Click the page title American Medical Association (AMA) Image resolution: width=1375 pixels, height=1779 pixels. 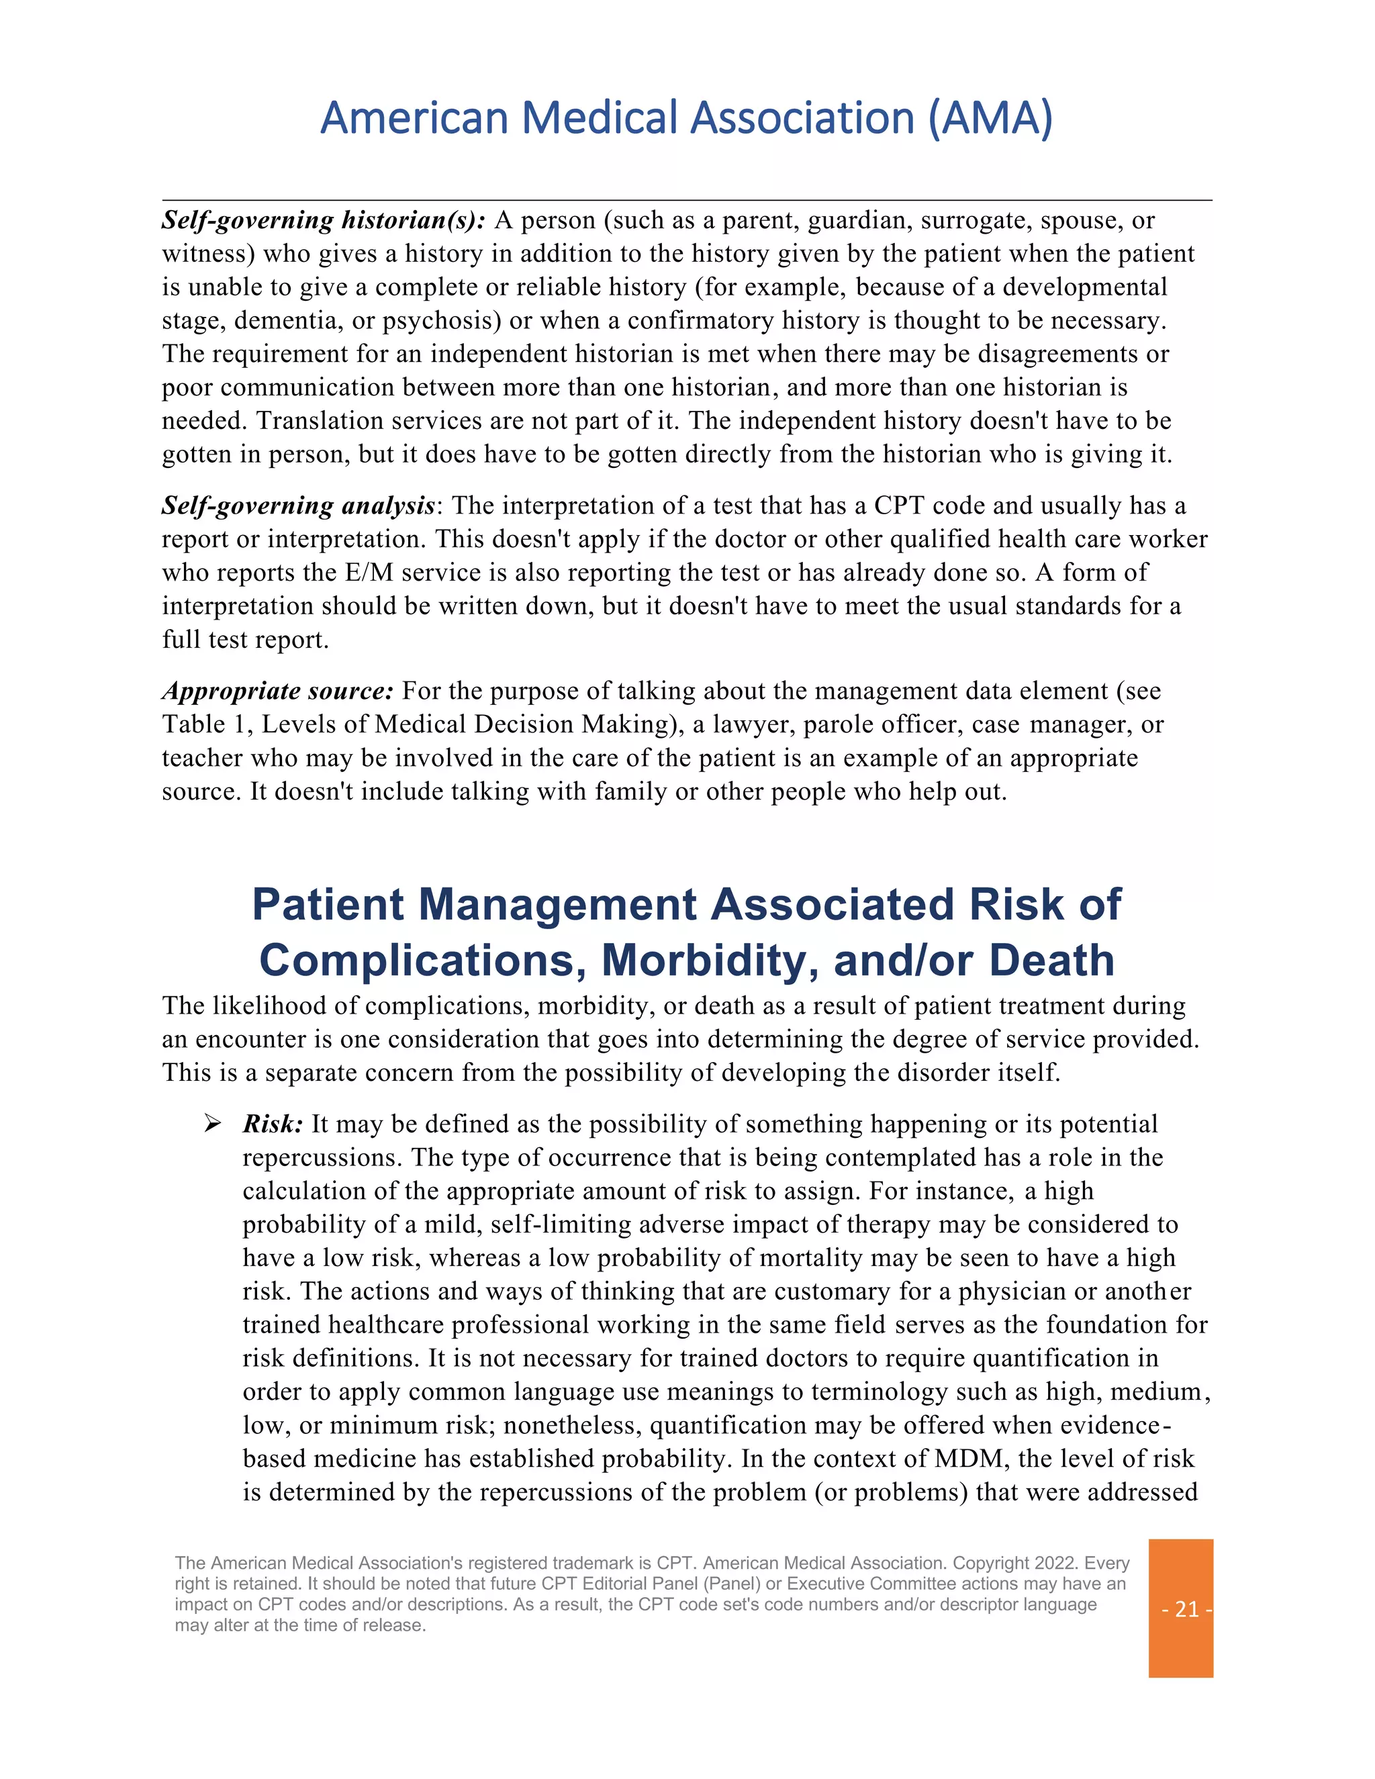click(x=687, y=118)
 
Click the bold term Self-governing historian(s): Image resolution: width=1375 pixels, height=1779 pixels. click(x=324, y=221)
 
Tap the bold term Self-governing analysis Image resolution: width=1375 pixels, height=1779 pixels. click(x=298, y=506)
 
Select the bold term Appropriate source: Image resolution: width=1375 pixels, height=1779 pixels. click(x=278, y=691)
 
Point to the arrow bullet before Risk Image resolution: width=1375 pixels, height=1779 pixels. click(x=213, y=1124)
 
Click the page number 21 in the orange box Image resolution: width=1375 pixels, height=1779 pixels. click(x=1186, y=1608)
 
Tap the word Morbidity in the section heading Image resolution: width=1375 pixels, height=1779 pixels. click(x=710, y=961)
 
